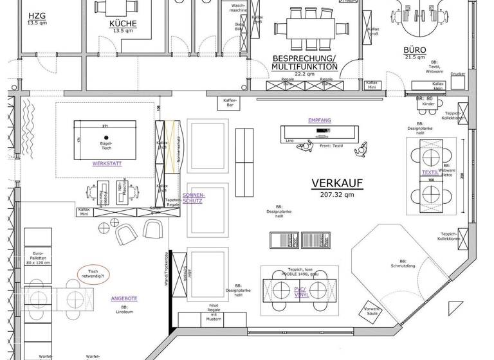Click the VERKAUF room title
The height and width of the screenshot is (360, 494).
coord(337,183)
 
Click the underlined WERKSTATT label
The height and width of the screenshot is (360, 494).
coord(107,163)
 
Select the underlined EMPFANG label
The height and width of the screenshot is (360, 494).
coord(319,120)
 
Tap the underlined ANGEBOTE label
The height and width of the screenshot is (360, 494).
coord(124,298)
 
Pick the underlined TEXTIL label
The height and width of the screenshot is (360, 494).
coord(430,172)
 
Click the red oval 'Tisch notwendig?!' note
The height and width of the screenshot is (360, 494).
coord(93,274)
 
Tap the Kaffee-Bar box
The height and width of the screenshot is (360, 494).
coord(230,103)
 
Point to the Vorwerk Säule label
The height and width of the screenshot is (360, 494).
coord(372,312)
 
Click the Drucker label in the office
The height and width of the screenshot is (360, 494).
coord(457,74)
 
